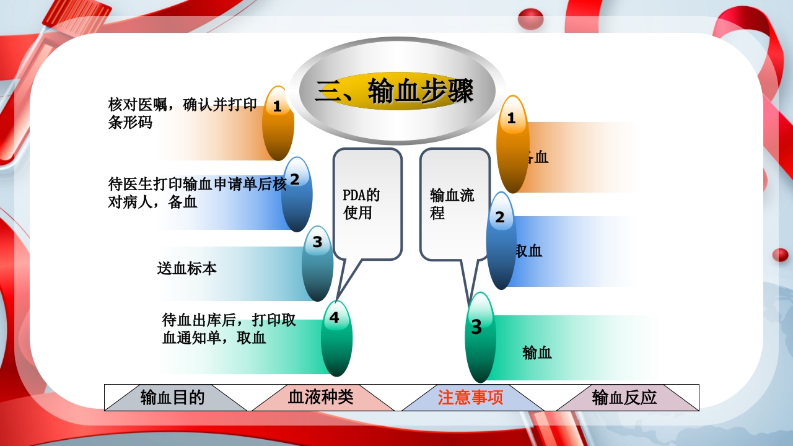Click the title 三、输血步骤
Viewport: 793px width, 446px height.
point(395,92)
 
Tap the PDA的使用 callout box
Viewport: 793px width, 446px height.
point(367,204)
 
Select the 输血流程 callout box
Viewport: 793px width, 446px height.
point(454,204)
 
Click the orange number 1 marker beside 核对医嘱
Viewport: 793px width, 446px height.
point(278,123)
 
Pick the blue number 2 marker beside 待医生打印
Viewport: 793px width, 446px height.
point(296,194)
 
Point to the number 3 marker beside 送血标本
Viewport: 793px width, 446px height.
point(317,263)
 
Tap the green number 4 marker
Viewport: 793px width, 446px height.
point(336,338)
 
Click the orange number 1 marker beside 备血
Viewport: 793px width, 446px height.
point(512,144)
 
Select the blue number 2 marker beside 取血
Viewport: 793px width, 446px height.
point(501,240)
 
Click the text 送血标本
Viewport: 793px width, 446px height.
point(186,269)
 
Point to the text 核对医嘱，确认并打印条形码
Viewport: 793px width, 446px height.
point(182,113)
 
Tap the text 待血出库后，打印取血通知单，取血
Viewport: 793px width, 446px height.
point(229,329)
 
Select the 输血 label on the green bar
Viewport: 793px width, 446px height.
point(537,353)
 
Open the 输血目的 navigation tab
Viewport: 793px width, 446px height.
point(173,397)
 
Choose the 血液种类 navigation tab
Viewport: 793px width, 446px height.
point(321,397)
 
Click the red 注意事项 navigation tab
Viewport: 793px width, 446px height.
point(471,397)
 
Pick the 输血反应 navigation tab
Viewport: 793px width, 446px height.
point(624,397)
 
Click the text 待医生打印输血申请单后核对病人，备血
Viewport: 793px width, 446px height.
point(197,193)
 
